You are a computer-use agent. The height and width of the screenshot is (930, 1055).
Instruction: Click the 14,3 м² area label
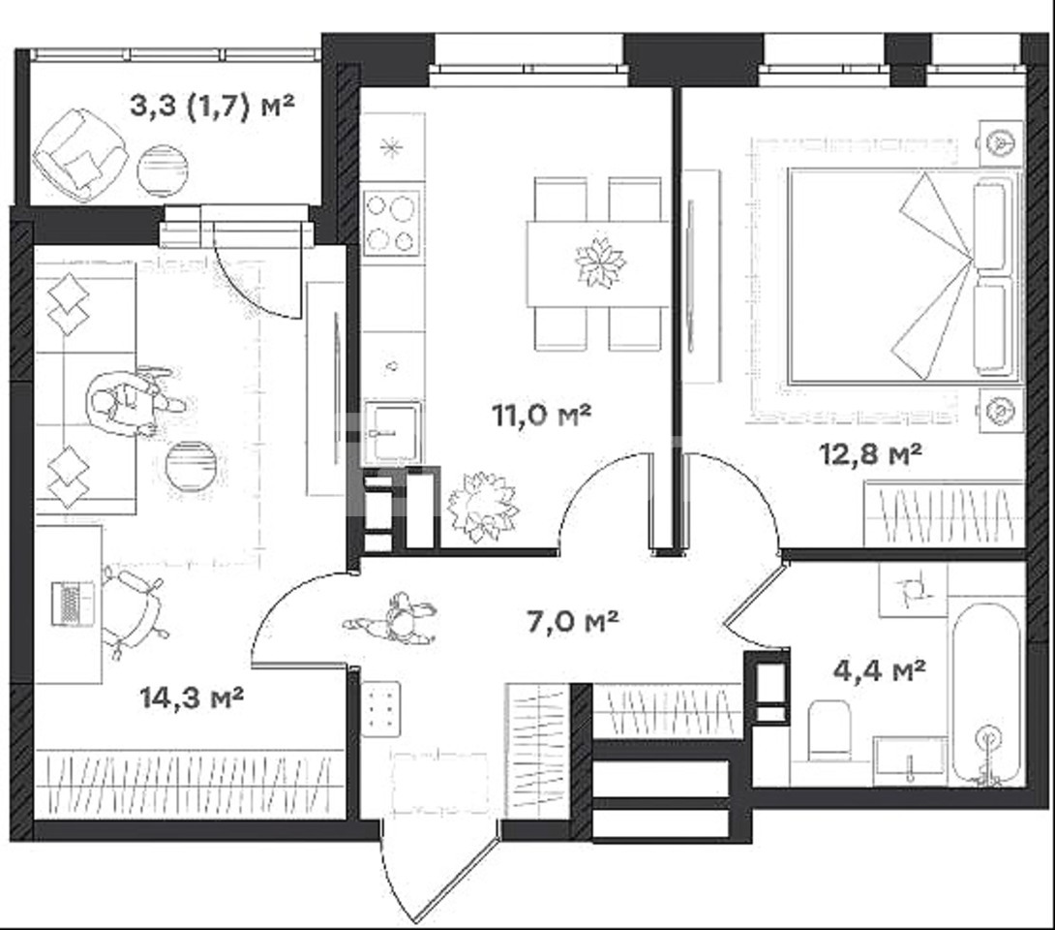coord(192,697)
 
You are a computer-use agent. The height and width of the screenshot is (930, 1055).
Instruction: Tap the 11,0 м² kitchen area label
coord(542,416)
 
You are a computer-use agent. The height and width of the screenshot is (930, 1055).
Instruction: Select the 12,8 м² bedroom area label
coord(870,455)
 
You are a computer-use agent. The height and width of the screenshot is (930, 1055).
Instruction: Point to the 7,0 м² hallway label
coord(573,621)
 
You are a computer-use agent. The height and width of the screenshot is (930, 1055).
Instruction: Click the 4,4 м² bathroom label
coord(880,670)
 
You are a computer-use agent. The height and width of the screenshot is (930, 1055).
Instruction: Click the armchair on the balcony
coord(81,155)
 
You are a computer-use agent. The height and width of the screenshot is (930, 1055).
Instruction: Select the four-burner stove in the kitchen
coord(392,222)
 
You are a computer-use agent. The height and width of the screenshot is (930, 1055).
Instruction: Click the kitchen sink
coord(393,432)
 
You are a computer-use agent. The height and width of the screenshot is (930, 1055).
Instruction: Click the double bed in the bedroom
coord(902,276)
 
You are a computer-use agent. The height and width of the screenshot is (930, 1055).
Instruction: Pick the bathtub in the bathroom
coord(986,694)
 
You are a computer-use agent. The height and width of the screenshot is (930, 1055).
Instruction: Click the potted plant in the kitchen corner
coord(483,507)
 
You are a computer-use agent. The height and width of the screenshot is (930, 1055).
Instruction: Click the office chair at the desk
coord(134,609)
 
